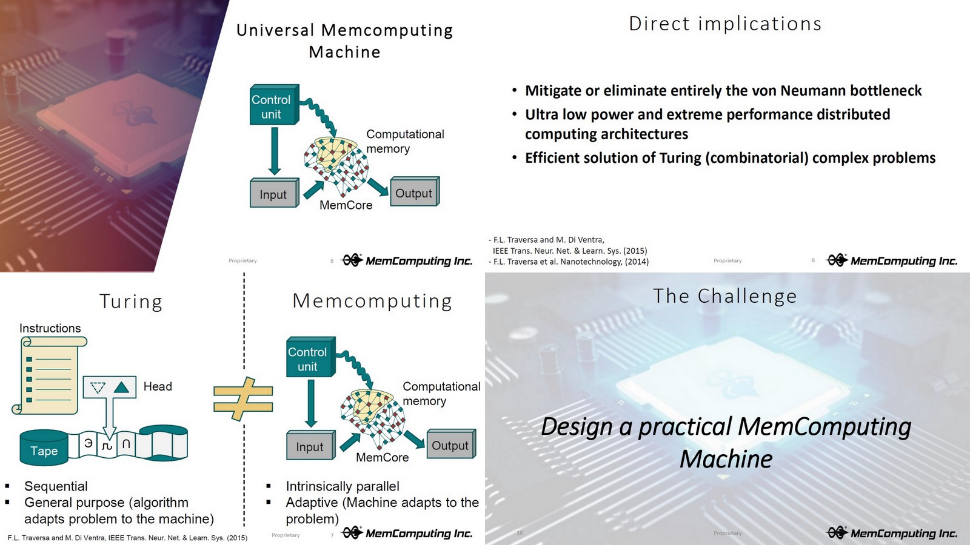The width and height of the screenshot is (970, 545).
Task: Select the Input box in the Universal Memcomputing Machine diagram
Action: pos(273,194)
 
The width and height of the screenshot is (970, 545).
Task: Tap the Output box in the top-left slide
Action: pos(414,193)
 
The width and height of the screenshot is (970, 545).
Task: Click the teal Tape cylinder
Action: pos(44,449)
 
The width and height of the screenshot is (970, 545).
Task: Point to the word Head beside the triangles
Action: pos(158,386)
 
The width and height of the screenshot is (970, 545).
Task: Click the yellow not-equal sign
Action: pos(242,399)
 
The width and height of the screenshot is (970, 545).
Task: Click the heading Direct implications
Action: pos(725,24)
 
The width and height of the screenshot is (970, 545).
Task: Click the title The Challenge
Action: pos(725,296)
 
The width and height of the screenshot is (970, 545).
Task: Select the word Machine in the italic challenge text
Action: pos(726,459)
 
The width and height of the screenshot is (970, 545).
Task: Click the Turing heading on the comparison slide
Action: pos(131,302)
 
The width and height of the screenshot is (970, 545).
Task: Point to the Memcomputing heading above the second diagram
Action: pos(372,301)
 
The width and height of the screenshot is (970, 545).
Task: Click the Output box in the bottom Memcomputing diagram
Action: pos(450,445)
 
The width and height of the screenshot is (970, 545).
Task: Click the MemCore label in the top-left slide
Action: pos(346,205)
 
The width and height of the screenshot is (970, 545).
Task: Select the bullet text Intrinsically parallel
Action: pos(343,486)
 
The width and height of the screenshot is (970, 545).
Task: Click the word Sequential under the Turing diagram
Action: pos(56,486)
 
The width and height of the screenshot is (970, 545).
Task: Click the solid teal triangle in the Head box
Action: pos(122,387)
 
